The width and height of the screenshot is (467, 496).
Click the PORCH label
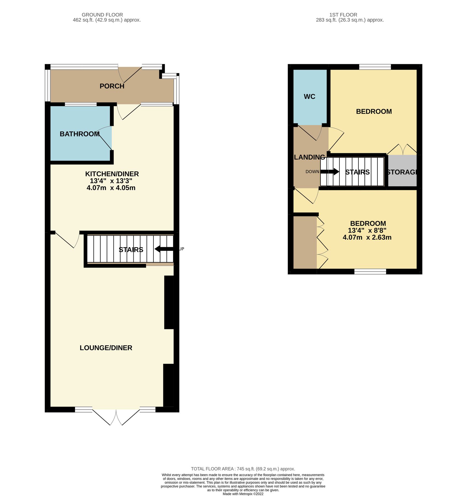coord(112,86)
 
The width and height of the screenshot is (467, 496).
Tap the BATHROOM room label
coord(80,134)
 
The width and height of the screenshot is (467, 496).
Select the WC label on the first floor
coord(309,97)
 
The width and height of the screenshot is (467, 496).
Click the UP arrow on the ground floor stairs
coord(164,249)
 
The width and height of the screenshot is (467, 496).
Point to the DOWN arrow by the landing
coord(330,172)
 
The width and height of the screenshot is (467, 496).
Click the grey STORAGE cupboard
coord(402,171)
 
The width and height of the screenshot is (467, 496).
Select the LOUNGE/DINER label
coord(106,348)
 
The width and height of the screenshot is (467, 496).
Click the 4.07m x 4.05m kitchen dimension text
coord(111,188)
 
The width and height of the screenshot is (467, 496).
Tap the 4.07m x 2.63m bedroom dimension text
coord(367,238)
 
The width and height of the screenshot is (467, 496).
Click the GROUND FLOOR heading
coord(102,15)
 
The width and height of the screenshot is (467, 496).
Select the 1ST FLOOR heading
coord(343,15)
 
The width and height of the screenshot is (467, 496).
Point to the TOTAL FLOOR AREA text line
coord(243,469)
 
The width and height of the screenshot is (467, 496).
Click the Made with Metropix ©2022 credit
coord(243,494)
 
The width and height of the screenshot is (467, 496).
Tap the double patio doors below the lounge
coord(116,416)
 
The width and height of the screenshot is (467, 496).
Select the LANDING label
coord(309,157)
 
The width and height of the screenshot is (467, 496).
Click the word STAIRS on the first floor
coord(357,172)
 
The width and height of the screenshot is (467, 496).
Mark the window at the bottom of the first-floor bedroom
coord(370,272)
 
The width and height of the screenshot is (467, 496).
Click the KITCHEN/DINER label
coord(112,174)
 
